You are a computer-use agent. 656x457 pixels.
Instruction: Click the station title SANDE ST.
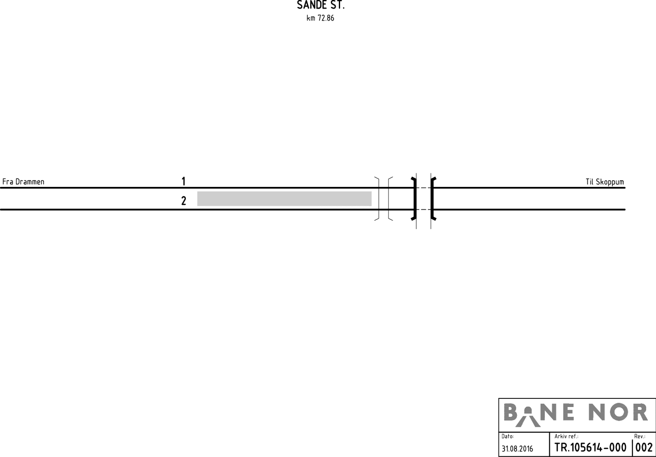(321, 5)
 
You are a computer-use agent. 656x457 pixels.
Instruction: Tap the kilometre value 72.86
(326, 18)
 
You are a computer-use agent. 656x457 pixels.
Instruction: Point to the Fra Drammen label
(23, 182)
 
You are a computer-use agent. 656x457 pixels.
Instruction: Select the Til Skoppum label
(605, 182)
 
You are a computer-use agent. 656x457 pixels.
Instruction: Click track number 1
(184, 181)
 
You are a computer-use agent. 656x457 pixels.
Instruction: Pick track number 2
(184, 201)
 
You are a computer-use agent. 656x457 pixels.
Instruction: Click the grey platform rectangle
(284, 199)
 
